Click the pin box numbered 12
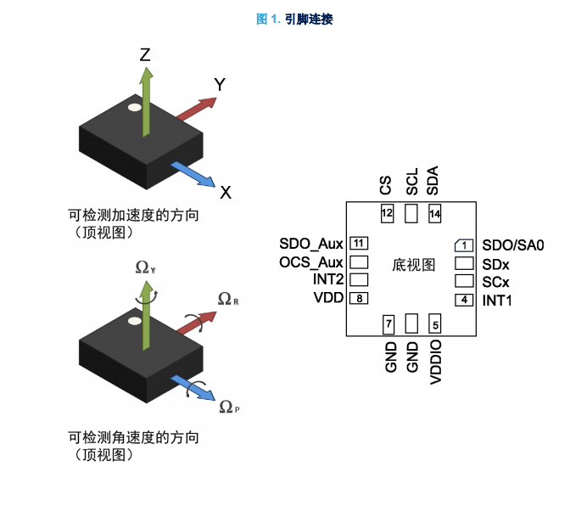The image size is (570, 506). tap(387, 213)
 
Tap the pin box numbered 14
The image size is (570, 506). tap(435, 214)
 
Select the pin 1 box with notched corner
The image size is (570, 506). tap(464, 245)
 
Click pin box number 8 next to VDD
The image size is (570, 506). tap(359, 298)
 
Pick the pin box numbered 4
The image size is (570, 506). tap(464, 300)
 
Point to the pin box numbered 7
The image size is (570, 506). tap(388, 324)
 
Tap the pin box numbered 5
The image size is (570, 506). tap(435, 323)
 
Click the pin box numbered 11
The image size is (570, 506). tap(359, 244)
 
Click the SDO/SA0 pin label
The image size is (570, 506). tap(513, 245)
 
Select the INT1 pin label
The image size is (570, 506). tap(496, 301)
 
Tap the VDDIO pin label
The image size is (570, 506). tap(435, 363)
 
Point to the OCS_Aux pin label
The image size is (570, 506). tap(310, 262)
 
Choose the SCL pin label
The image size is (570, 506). tap(412, 182)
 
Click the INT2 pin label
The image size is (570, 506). tap(328, 279)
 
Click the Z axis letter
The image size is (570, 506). tap(145, 55)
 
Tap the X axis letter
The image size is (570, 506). tap(226, 193)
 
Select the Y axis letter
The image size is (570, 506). tap(220, 84)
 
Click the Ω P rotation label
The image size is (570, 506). tap(229, 407)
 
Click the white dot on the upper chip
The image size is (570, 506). tap(135, 108)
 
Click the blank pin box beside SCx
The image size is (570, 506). tap(464, 281)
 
